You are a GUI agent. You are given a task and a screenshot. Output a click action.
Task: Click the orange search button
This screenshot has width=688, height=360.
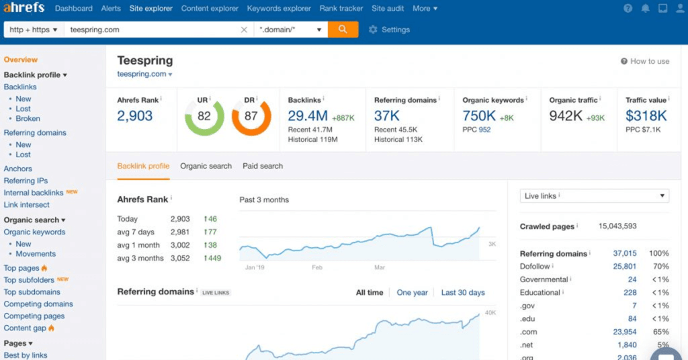[x=343, y=30]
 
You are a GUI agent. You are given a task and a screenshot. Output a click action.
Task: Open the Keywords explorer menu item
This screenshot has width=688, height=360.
[x=279, y=9]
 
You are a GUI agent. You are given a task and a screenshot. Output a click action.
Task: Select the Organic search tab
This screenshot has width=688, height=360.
[x=206, y=166]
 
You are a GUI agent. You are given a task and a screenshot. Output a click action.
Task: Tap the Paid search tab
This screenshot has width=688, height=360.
[x=263, y=166]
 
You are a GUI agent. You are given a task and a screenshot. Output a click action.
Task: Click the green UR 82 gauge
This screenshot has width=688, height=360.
[x=204, y=116]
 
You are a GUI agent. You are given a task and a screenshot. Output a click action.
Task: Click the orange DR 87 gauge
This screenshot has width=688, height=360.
[x=251, y=116]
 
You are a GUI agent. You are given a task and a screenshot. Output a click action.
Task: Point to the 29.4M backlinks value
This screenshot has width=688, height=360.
[x=308, y=116]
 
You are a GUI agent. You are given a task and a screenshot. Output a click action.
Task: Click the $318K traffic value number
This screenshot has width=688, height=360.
[x=646, y=116]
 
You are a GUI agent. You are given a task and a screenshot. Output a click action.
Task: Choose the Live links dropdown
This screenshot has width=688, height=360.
[x=595, y=196]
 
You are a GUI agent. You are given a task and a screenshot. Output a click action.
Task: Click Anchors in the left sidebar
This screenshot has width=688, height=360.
[x=18, y=169]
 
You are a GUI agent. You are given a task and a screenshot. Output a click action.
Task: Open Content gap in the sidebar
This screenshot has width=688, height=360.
[x=25, y=328]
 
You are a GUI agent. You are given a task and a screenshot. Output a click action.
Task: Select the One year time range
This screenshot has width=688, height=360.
[x=412, y=292]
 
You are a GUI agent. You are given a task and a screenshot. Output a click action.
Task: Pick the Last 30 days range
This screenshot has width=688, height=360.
[x=463, y=292]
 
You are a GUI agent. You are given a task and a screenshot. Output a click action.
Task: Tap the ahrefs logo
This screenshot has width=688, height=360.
[x=24, y=8]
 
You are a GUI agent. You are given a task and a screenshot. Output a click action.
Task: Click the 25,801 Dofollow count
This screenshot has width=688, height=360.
[x=624, y=267]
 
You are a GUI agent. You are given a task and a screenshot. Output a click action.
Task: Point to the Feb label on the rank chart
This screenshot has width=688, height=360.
[x=318, y=267]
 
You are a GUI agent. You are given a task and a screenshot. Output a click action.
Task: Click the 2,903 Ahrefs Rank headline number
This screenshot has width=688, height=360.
[x=135, y=116]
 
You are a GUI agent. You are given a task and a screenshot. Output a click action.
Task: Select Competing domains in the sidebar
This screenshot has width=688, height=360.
[x=38, y=304]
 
